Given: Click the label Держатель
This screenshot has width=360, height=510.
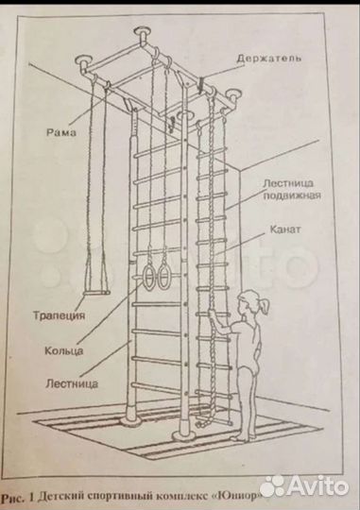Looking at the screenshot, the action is click(x=268, y=59).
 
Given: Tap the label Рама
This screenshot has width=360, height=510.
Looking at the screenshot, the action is click(x=61, y=132).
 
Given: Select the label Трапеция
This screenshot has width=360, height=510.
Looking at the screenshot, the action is click(x=59, y=315).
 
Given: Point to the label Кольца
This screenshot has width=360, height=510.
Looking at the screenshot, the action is click(x=64, y=351).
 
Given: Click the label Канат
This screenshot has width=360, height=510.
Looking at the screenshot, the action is click(x=285, y=229).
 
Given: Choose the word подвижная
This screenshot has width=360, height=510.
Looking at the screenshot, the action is click(x=292, y=195).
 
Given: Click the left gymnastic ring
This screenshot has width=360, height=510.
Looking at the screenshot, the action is click(x=148, y=277).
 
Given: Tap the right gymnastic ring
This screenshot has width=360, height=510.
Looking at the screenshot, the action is click(x=163, y=276).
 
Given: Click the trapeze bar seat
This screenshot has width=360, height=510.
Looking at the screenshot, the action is click(x=96, y=294).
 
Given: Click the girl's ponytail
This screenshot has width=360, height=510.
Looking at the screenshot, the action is click(x=265, y=306).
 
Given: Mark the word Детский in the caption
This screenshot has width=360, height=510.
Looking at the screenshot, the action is click(x=56, y=497).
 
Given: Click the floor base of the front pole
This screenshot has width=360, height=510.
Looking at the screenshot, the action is click(x=184, y=435).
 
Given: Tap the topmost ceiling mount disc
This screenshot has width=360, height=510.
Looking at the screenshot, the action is click(x=143, y=31).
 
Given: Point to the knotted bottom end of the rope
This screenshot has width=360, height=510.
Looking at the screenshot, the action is click(x=201, y=423).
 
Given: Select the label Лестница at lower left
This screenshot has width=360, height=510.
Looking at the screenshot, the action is click(x=72, y=383).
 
